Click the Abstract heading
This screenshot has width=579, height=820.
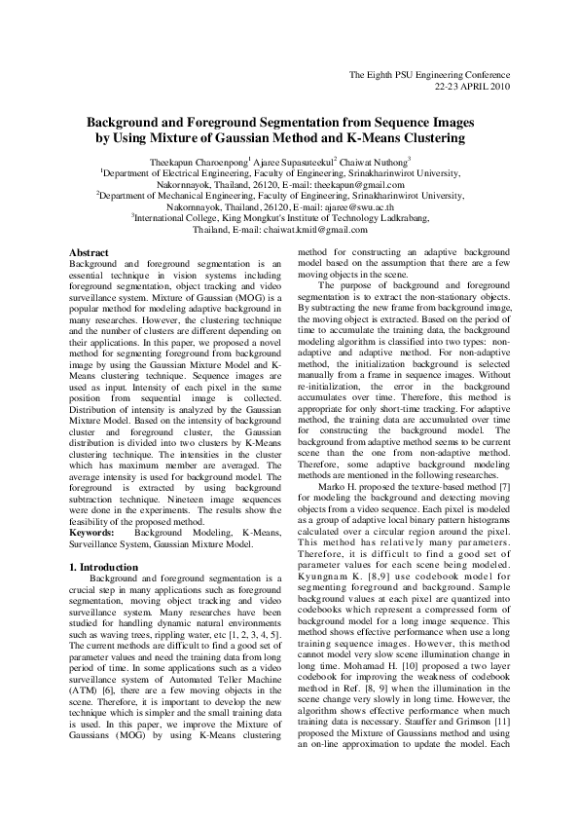(89, 253)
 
